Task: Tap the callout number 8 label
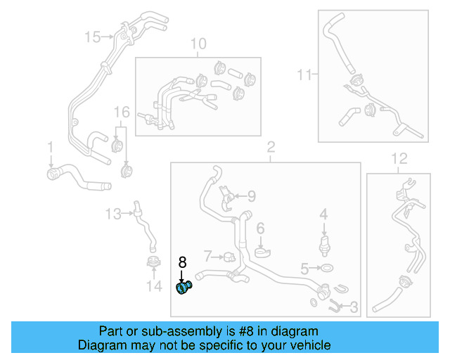pyautogui.click(x=182, y=262)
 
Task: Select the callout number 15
pyautogui.click(x=93, y=36)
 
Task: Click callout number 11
pyautogui.click(x=303, y=74)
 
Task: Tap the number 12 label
pyautogui.click(x=399, y=157)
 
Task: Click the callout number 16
pyautogui.click(x=122, y=112)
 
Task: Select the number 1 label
pyautogui.click(x=50, y=147)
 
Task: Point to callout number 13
pyautogui.click(x=113, y=213)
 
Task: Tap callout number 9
pyautogui.click(x=250, y=196)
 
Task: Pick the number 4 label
pyautogui.click(x=323, y=213)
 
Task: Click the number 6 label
pyautogui.click(x=259, y=228)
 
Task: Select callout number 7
pyautogui.click(x=207, y=254)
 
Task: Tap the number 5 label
pyautogui.click(x=304, y=268)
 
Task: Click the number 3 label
pyautogui.click(x=354, y=307)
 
